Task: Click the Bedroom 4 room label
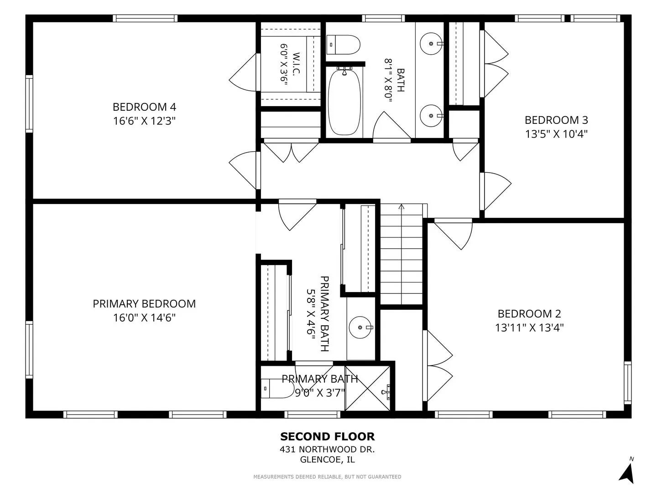[x=144, y=107]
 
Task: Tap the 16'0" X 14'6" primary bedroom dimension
[x=144, y=318]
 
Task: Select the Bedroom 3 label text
[x=556, y=120]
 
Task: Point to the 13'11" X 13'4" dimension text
[x=529, y=328]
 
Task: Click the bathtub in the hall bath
[x=344, y=102]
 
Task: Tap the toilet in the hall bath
[x=343, y=45]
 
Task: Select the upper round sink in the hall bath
[x=431, y=44]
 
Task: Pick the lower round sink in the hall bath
[x=431, y=116]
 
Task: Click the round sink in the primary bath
[x=361, y=328]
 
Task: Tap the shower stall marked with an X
[x=368, y=388]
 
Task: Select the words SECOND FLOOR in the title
[x=328, y=437]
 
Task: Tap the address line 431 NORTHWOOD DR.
[x=327, y=449]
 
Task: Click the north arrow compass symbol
[x=627, y=471]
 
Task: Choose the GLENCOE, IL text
[x=328, y=460]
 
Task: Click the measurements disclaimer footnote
[x=327, y=477]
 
